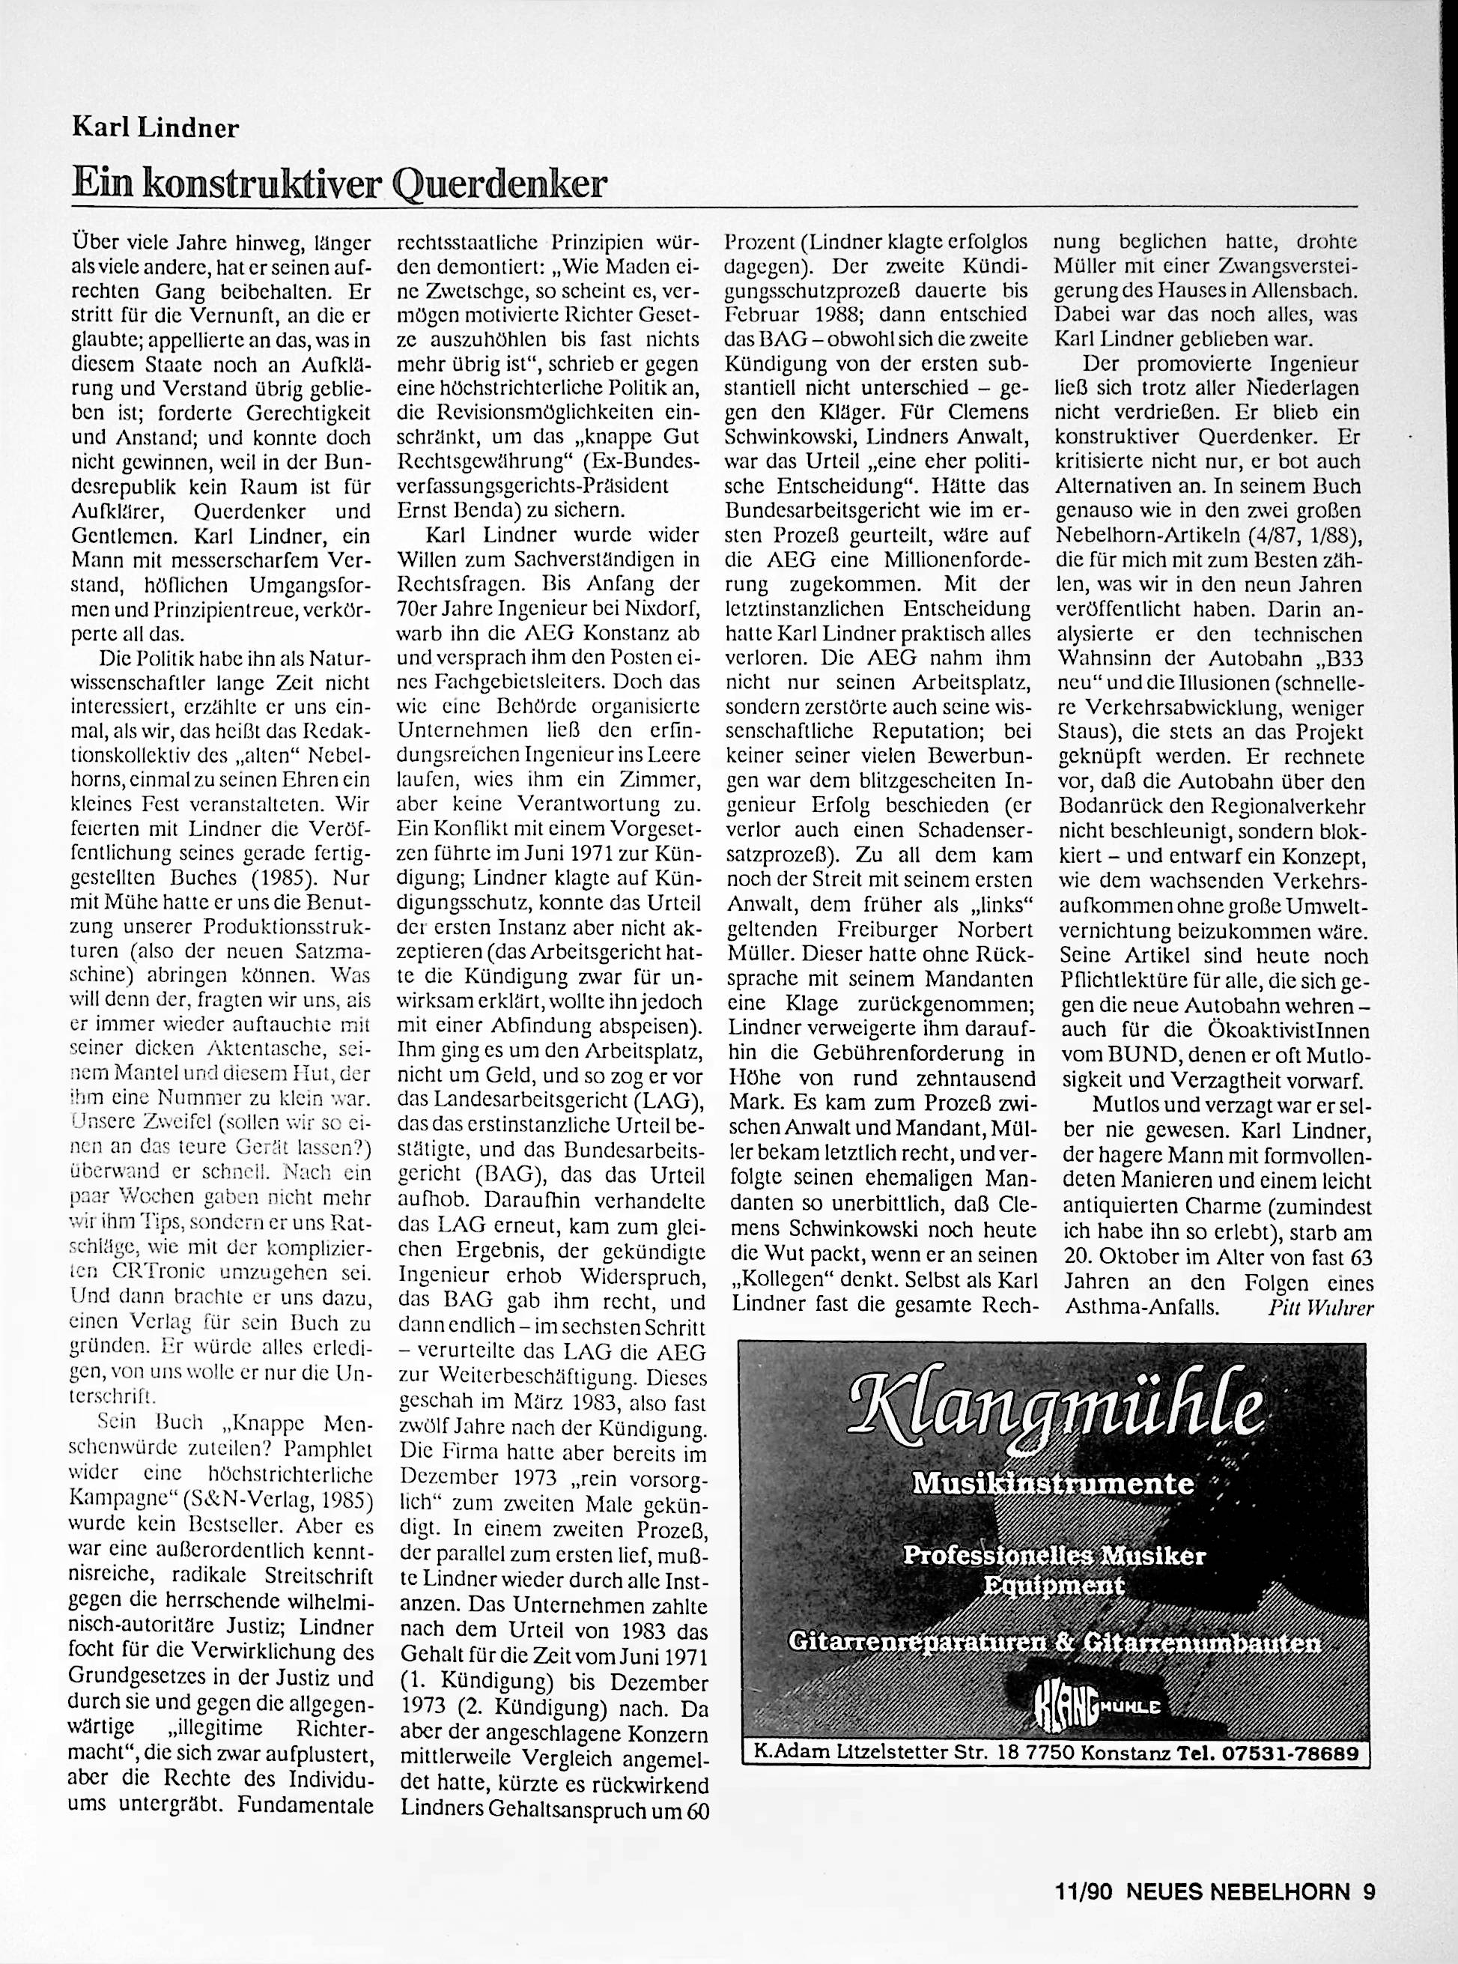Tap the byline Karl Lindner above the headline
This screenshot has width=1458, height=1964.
click(154, 129)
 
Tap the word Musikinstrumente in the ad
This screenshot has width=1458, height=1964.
click(1054, 1484)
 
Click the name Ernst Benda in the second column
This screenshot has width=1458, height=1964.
click(459, 510)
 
